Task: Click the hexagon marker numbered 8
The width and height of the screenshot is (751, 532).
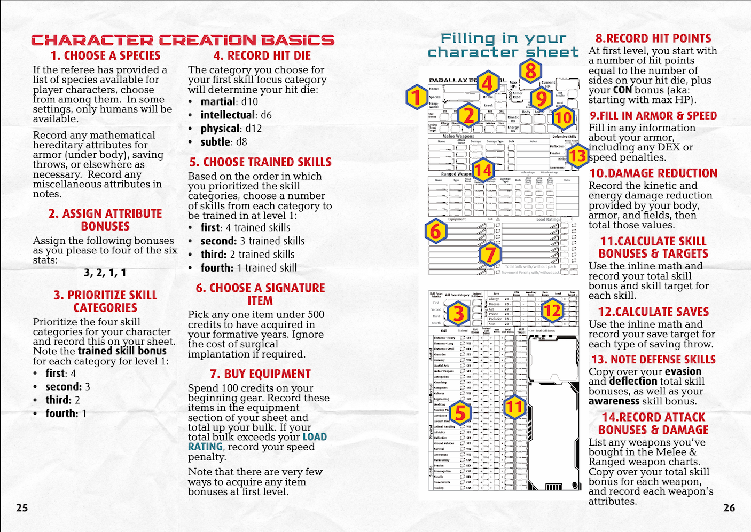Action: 530,71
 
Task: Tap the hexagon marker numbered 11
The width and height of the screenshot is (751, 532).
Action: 514,407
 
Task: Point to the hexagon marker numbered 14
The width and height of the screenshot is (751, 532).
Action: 483,170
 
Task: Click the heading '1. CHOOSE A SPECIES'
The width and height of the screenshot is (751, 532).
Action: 105,55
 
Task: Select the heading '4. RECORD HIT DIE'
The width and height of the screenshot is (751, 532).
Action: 262,55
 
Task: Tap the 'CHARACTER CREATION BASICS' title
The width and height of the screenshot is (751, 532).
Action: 183,40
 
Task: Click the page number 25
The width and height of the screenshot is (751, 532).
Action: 22,507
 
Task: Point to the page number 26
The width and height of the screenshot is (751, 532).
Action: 729,507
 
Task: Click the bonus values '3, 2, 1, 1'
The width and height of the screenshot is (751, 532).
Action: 105,273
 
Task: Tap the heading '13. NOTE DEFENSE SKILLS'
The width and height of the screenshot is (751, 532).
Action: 653,360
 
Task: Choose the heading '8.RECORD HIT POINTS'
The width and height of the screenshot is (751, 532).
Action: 653,38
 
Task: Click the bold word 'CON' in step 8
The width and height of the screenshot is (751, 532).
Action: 622,90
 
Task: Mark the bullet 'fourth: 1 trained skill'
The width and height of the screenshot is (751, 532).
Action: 248,268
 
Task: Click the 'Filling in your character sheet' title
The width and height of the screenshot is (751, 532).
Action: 503,45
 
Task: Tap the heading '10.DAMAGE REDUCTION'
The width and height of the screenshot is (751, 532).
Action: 653,173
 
